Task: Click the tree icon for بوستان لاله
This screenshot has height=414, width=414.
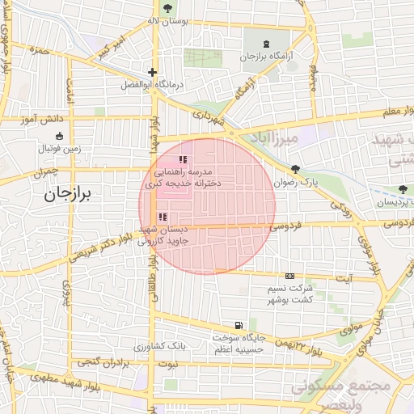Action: coord(167,9)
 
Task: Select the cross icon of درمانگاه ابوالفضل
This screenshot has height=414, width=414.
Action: coord(152,72)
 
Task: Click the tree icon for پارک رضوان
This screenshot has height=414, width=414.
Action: coord(295,170)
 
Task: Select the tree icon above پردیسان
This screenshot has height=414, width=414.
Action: coord(402,189)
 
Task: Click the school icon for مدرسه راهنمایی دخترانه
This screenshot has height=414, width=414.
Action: coord(183,160)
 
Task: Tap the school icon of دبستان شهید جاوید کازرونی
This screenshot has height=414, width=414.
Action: coord(163,217)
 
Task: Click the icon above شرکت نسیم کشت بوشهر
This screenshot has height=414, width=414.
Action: coord(290,277)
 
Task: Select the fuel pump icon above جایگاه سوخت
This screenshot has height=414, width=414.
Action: coord(237,324)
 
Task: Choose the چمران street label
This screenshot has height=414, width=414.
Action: coord(47,172)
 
